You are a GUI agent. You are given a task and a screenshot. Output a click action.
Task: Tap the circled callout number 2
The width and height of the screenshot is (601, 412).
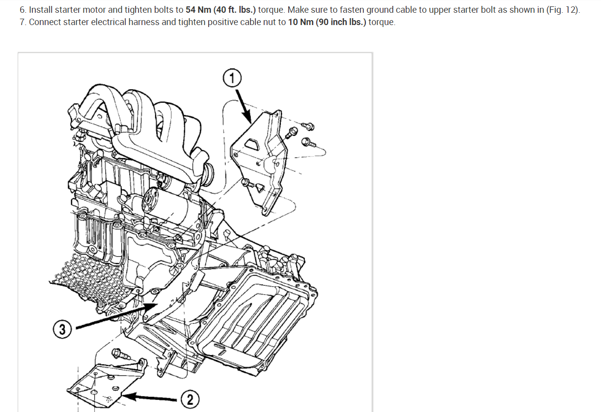tap(190, 399)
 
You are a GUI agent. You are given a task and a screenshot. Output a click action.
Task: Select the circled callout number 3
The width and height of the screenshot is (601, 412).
tap(62, 330)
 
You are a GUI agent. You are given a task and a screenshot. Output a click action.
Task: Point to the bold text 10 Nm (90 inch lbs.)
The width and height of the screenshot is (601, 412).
tap(327, 23)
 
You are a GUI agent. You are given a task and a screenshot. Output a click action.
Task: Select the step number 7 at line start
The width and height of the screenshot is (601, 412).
tap(22, 23)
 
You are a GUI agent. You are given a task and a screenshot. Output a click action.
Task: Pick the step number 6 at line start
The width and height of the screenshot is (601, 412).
tap(22, 10)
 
